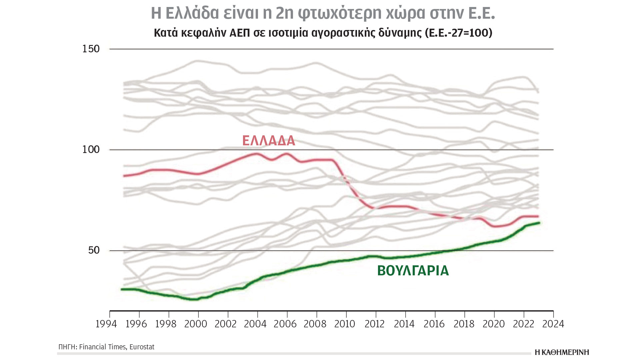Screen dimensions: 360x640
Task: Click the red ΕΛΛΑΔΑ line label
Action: (269, 141)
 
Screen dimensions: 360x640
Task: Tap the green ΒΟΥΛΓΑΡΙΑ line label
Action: (413, 271)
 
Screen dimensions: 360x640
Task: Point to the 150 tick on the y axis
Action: (91, 49)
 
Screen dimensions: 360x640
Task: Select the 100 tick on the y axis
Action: (91, 150)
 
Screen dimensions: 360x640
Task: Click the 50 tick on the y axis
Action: (94, 250)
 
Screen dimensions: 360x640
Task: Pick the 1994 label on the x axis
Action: (106, 324)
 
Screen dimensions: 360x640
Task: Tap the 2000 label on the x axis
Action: (196, 324)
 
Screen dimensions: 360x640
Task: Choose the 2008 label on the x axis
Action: (315, 324)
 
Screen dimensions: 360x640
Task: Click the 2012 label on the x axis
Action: (375, 324)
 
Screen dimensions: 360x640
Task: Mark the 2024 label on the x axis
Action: (553, 324)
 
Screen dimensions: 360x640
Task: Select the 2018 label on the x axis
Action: (464, 324)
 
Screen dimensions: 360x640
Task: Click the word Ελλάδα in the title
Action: (192, 13)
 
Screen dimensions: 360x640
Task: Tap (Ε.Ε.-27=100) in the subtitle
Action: (459, 33)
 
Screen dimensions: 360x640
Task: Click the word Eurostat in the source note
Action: (142, 347)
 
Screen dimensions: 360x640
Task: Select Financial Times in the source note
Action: (103, 347)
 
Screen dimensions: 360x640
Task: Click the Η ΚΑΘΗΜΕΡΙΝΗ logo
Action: (562, 352)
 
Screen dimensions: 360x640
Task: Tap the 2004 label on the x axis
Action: (255, 324)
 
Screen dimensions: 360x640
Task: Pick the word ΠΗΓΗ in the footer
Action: (67, 347)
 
